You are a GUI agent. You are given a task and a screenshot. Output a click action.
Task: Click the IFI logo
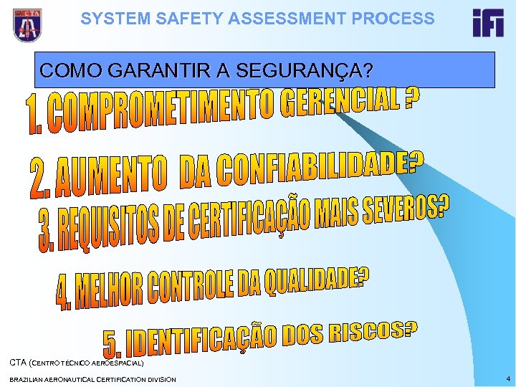point(487,23)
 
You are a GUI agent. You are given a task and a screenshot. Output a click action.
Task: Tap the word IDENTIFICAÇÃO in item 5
point(201,341)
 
